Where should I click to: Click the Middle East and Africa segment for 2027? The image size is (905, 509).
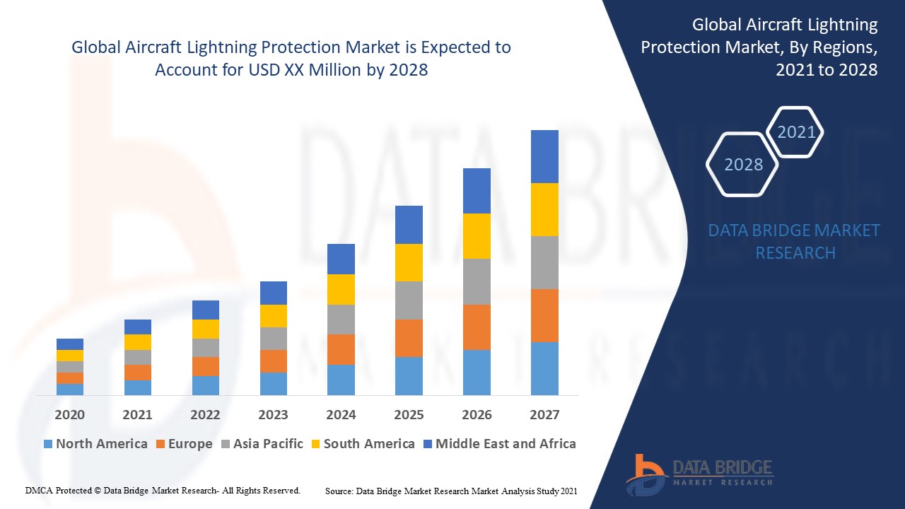[x=544, y=156]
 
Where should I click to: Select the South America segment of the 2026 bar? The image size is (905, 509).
[x=477, y=236]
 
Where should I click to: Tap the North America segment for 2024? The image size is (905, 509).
[x=341, y=380]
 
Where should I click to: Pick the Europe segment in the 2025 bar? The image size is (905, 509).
[x=409, y=338]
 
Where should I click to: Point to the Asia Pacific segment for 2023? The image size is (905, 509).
[x=273, y=339]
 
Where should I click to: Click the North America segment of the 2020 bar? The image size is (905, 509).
[x=69, y=390]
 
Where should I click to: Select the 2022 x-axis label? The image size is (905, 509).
[x=205, y=415]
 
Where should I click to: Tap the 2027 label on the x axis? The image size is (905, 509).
[x=544, y=415]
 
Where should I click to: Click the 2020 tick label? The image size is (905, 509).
[x=69, y=415]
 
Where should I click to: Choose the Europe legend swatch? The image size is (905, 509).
[x=161, y=444]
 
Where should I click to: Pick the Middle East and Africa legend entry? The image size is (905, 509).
[x=499, y=444]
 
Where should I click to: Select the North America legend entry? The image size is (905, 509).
[x=95, y=444]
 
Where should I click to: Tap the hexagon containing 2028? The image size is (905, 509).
[x=742, y=165]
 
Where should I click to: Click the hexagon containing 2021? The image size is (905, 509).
[x=795, y=132]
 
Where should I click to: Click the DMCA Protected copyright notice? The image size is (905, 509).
[x=163, y=490]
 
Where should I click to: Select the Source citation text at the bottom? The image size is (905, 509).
[x=451, y=490]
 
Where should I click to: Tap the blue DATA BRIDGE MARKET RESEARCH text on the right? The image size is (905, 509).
[x=795, y=241]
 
